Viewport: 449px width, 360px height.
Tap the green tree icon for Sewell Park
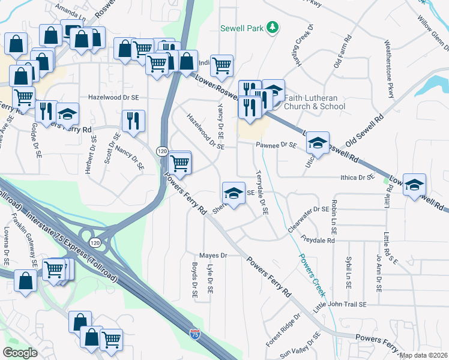point(272,27)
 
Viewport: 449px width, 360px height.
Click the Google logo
point(20,353)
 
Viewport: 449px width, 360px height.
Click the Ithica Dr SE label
point(357,178)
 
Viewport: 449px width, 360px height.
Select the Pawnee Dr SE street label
point(277,145)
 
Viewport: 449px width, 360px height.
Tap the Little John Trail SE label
point(340,305)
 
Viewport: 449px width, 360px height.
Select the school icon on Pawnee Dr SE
point(318,143)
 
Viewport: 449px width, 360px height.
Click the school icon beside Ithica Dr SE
point(414,185)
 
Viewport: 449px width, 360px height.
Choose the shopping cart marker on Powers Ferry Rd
point(180,162)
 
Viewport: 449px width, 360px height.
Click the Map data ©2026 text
point(424,355)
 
